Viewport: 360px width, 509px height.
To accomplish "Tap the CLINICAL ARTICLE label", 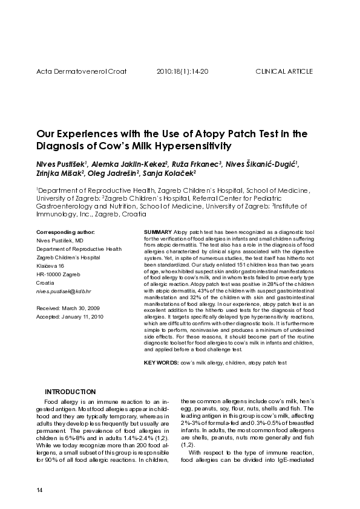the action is coord(284,71).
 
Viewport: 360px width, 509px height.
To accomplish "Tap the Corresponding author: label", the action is coord(65,232).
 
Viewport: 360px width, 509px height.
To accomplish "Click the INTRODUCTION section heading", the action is coord(70,392).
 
